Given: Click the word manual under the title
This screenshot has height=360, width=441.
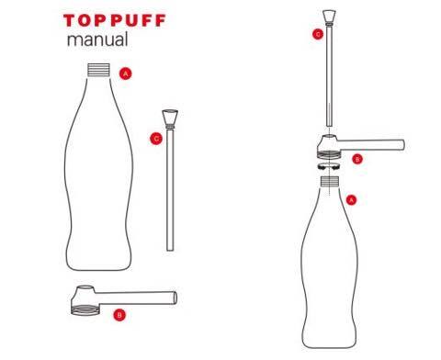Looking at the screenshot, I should pos(96,41).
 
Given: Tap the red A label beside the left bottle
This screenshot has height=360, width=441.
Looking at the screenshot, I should pos(126,72).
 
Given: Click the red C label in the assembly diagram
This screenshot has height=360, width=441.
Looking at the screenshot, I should pos(317,35).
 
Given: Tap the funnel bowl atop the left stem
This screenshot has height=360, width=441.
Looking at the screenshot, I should pos(170,118).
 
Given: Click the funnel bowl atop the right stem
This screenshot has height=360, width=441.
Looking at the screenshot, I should pos(329,16).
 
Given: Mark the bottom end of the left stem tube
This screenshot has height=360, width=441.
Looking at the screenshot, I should pos(170,246).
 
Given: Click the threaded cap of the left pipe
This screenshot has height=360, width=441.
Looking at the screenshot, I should pos(85,299).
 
